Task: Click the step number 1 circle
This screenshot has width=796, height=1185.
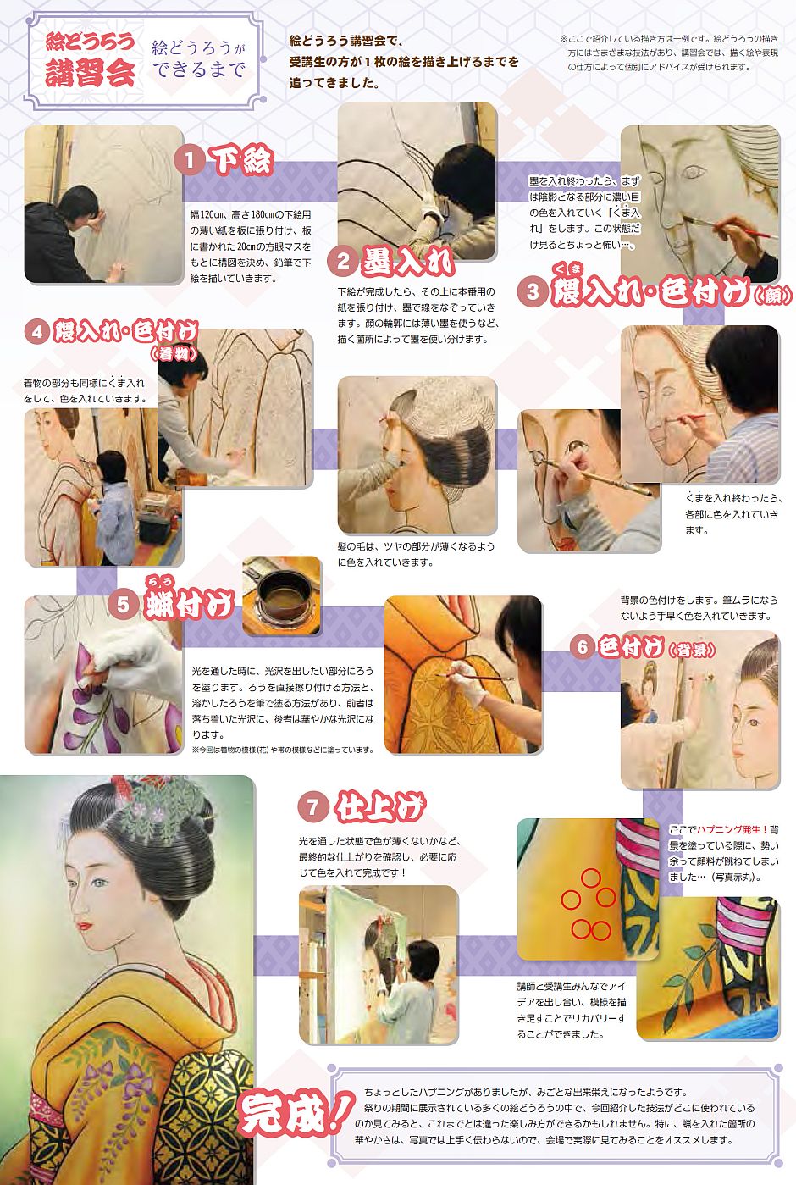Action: (190, 160)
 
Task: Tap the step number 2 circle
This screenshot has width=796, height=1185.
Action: (343, 262)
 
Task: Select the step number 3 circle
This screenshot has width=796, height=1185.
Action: (533, 291)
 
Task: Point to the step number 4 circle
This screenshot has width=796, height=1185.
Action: (36, 332)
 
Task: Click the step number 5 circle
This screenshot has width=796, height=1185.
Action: (122, 604)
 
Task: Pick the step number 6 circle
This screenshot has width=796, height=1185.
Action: (582, 647)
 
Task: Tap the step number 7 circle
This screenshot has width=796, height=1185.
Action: (312, 807)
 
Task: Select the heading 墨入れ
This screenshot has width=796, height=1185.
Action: (408, 262)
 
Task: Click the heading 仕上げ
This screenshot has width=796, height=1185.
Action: (379, 806)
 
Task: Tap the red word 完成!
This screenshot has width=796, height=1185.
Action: (295, 1114)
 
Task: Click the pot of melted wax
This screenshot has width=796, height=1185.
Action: (281, 596)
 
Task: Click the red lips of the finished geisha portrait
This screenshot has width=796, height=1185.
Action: (86, 927)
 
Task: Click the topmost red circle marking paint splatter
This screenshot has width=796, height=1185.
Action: (590, 878)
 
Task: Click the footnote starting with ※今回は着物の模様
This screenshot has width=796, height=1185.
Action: (283, 750)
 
